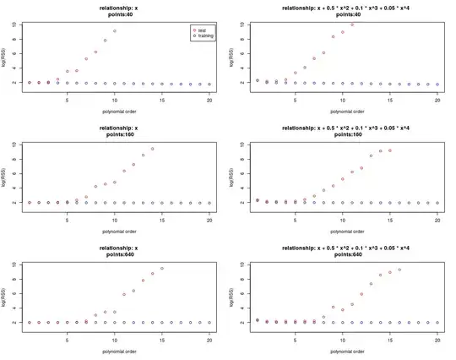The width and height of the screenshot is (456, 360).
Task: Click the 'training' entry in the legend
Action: click(207, 36)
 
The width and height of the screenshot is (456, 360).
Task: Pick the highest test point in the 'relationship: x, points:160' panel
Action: click(153, 149)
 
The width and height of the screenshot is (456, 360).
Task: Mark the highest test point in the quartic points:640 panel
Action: click(399, 270)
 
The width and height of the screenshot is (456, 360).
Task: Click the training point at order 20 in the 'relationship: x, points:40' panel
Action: click(209, 85)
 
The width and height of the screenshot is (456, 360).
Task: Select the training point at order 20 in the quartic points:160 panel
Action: click(438, 203)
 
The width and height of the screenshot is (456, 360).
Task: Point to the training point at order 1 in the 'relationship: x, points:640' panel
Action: click(30, 322)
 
